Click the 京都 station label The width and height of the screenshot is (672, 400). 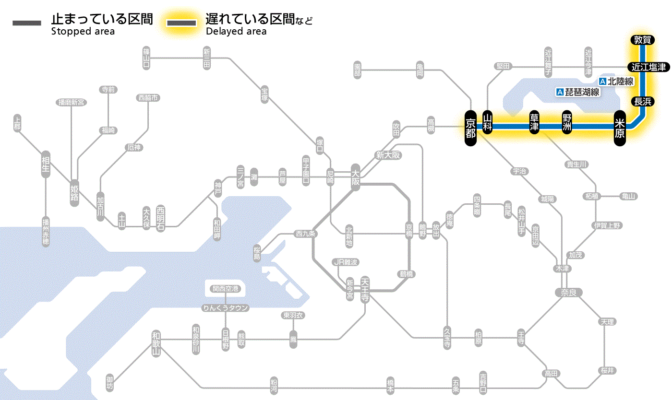pyautogui.click(x=470, y=128)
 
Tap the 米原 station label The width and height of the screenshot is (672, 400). pyautogui.click(x=620, y=128)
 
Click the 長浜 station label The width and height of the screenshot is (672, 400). pyautogui.click(x=642, y=101)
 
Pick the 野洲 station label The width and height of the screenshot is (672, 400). pyautogui.click(x=567, y=123)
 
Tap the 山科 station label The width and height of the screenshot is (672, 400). pyautogui.click(x=488, y=123)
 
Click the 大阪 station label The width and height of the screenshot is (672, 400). pyautogui.click(x=355, y=177)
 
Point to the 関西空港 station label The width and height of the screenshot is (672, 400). pyautogui.click(x=226, y=289)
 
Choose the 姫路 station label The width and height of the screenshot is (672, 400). pyautogui.click(x=74, y=193)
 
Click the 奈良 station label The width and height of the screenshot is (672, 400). pyautogui.click(x=568, y=292)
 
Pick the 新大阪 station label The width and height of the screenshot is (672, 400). pyautogui.click(x=388, y=155)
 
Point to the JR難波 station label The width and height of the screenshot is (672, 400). pyautogui.click(x=346, y=262)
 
